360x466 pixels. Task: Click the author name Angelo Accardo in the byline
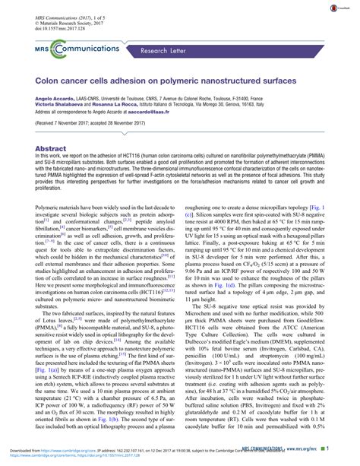52,98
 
